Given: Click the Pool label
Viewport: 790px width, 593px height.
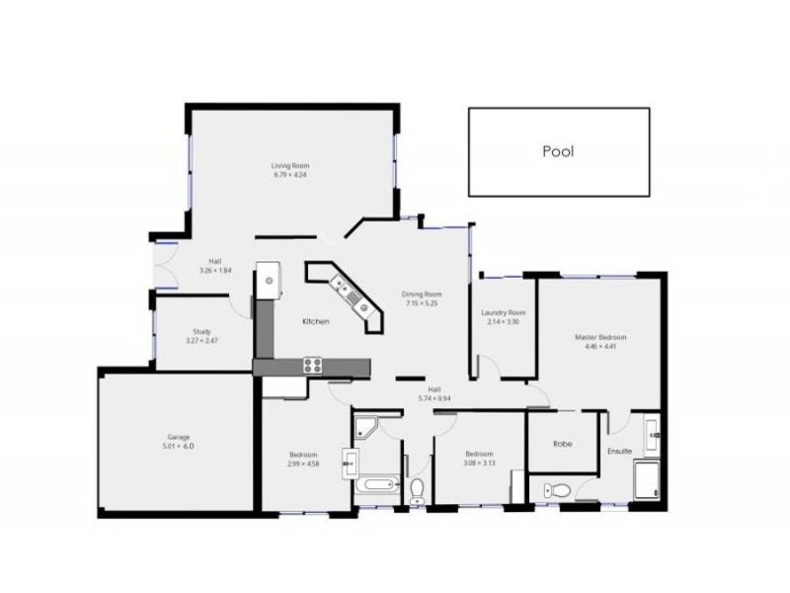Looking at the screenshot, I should (558, 152).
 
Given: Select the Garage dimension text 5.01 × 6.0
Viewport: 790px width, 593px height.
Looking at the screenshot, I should (179, 446).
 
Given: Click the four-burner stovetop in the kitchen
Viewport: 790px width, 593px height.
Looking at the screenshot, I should (312, 365).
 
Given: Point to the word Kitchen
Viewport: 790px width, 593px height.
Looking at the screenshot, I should (316, 322).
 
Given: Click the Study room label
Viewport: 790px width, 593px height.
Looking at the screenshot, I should (202, 332).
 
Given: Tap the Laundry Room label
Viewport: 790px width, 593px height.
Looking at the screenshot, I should (503, 312).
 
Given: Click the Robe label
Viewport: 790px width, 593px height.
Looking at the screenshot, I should (563, 444).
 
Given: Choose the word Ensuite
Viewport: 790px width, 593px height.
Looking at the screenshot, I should (620, 452).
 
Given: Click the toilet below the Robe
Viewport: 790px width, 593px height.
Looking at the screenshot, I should (559, 487).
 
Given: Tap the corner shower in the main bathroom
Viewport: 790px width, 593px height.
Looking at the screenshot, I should (366, 427).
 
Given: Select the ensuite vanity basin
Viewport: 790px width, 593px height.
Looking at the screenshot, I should (653, 431).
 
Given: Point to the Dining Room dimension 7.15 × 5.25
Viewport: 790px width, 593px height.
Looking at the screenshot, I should (421, 303).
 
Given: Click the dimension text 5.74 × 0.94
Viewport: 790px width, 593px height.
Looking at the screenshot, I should (434, 398).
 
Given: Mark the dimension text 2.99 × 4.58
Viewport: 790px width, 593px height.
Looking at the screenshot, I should (302, 464).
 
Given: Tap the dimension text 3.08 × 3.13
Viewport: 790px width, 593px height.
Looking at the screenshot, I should (479, 463).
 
